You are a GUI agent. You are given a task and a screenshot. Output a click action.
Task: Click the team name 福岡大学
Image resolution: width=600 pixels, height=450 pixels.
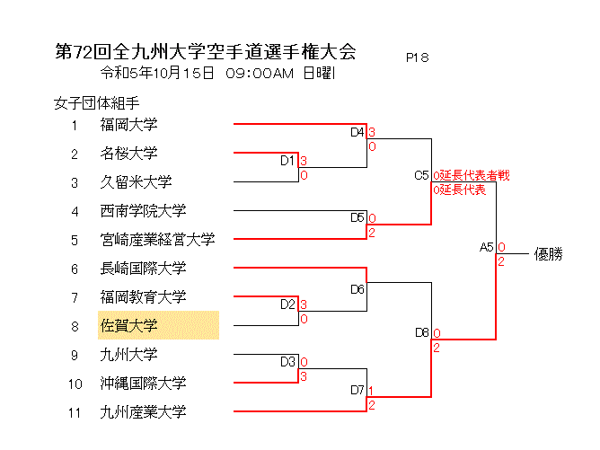point(128,125)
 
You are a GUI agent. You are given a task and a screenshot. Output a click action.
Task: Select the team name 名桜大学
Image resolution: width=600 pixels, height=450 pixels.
point(128,154)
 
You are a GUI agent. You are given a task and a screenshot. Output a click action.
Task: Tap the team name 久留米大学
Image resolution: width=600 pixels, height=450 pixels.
point(136,182)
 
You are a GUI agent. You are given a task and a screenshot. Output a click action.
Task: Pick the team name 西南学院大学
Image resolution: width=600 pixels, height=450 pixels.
point(143,211)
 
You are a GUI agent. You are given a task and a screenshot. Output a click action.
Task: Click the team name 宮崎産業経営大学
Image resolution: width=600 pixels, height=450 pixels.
point(157,240)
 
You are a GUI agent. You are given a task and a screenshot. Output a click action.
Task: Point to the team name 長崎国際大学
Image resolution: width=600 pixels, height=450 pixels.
point(143,269)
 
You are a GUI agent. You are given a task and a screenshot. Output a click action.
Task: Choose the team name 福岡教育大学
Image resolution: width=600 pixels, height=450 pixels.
point(143,297)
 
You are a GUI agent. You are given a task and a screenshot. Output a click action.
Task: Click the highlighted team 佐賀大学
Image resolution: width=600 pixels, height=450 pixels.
point(128,325)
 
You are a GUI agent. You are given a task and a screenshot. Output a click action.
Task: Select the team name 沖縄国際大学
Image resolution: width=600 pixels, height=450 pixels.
point(143,384)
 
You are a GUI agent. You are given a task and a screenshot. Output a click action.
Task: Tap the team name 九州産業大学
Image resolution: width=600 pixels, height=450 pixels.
point(143,412)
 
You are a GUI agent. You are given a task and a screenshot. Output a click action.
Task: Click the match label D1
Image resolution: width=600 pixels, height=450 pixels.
point(287,161)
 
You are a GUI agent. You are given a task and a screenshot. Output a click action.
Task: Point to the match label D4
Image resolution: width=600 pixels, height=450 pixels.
point(357,133)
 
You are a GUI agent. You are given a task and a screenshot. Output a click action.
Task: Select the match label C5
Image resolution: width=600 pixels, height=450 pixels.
point(421,175)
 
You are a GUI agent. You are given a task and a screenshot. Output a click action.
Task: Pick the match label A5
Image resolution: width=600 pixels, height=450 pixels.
point(487,247)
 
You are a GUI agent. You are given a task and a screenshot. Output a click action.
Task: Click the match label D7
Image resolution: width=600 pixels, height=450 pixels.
point(357,391)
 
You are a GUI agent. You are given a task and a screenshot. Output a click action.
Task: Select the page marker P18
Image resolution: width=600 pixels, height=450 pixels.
point(417,57)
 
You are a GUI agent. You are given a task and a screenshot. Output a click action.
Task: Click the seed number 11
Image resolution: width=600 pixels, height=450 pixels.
point(75,412)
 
